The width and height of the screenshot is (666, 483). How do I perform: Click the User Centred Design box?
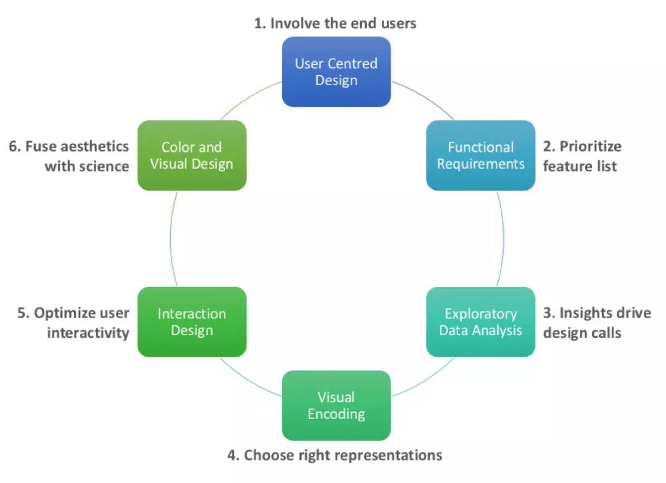tap(336, 72)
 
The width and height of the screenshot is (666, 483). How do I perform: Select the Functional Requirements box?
tap(480, 155)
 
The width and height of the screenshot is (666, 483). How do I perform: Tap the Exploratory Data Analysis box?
tap(480, 322)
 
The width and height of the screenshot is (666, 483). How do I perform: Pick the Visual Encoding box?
tap(336, 405)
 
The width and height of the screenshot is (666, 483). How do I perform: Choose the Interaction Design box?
tap(192, 322)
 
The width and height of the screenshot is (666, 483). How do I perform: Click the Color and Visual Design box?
tap(192, 155)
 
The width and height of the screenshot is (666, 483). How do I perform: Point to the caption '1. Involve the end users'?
tap(335, 23)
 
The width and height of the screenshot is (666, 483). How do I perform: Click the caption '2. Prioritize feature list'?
tap(582, 156)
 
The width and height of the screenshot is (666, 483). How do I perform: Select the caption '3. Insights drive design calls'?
tap(596, 323)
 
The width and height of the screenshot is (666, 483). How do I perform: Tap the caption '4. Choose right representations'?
tap(335, 456)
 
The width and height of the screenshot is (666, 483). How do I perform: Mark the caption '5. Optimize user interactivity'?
tap(73, 323)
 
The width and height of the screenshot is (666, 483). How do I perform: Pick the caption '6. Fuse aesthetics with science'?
tap(69, 156)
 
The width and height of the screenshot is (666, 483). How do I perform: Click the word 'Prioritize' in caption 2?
tap(590, 147)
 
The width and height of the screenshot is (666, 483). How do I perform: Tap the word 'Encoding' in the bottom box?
tap(336, 414)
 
